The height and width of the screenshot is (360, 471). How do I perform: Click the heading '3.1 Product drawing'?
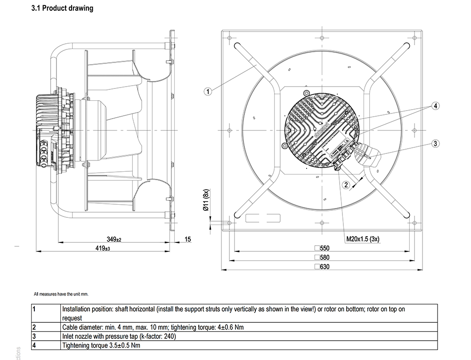pos(62,8)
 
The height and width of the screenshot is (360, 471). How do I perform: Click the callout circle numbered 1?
pos(208,91)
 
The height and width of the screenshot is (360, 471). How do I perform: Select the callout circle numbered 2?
pos(346,185)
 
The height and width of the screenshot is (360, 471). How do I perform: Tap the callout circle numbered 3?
pos(436,144)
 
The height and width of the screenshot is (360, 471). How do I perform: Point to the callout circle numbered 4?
pos(436,106)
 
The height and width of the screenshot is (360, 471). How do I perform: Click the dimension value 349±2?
pos(114,240)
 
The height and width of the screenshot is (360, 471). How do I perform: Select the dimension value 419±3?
pos(103,248)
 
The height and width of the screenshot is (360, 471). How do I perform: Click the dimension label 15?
pos(188,240)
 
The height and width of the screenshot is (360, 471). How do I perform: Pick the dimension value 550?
pos(322,248)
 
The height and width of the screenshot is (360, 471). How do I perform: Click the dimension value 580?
pos(322,257)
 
